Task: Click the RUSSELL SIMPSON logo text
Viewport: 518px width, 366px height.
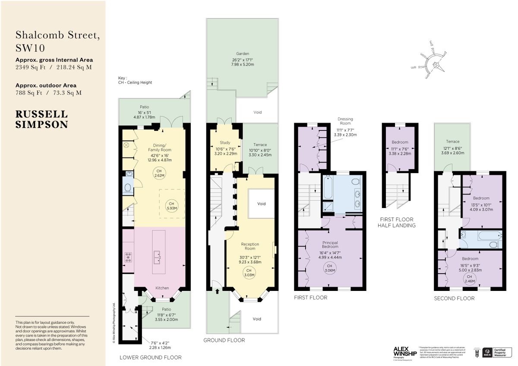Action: click(x=42, y=120)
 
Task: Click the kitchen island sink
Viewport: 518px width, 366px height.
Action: click(x=156, y=258)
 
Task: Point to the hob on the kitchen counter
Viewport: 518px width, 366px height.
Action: click(x=128, y=257)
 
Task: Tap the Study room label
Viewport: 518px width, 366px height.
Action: click(x=225, y=142)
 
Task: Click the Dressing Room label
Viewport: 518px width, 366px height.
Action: click(x=345, y=121)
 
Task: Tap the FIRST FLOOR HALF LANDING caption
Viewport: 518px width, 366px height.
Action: click(x=396, y=222)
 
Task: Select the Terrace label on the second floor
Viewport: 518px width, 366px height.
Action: click(x=453, y=142)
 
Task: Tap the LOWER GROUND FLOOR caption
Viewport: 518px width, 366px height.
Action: click(x=150, y=357)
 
